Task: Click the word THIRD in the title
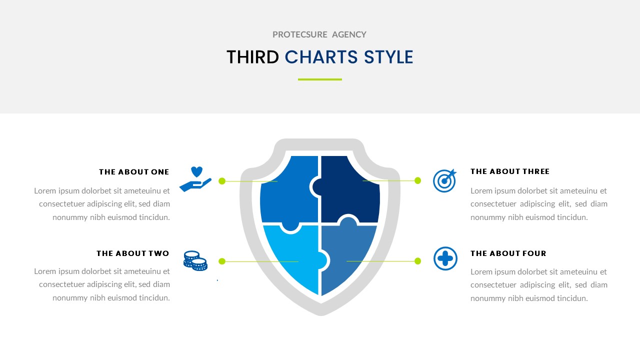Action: pyautogui.click(x=252, y=57)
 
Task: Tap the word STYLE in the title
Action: pyautogui.click(x=388, y=57)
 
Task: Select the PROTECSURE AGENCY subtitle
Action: pyautogui.click(x=319, y=34)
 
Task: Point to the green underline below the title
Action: pyautogui.click(x=320, y=79)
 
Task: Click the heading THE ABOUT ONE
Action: pyautogui.click(x=134, y=172)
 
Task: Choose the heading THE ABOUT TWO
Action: pyautogui.click(x=133, y=253)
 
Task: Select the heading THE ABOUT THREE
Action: pyautogui.click(x=510, y=171)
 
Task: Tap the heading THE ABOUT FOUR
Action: pyautogui.click(x=508, y=253)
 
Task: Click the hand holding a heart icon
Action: pyautogui.click(x=195, y=179)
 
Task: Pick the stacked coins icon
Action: pyautogui.click(x=195, y=260)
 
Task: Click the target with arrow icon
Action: pyautogui.click(x=444, y=180)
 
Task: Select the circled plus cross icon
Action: pyautogui.click(x=445, y=258)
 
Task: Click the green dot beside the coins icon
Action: pyautogui.click(x=222, y=261)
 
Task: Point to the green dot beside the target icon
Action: pyautogui.click(x=418, y=180)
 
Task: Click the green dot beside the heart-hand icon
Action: pyautogui.click(x=222, y=180)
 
